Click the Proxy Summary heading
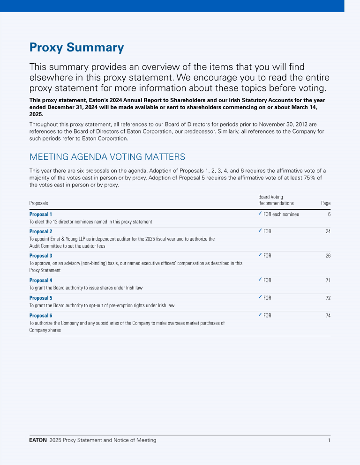click(76, 47)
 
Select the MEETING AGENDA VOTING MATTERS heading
click(107, 156)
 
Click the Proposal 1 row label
click(41, 214)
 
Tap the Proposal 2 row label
click(41, 231)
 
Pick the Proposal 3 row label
click(41, 256)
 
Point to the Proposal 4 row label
click(41, 280)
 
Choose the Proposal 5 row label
click(41, 298)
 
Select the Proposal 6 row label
click(41, 316)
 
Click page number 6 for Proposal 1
click(329, 214)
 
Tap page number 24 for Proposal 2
click(328, 231)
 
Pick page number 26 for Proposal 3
click(328, 256)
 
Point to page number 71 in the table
click(328, 280)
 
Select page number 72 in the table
click(328, 298)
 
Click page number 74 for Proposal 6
click(328, 316)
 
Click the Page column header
click(326, 203)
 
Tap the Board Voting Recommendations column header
click(276, 200)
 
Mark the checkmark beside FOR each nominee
click(260, 214)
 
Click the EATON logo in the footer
click(38, 440)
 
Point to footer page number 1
click(329, 440)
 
